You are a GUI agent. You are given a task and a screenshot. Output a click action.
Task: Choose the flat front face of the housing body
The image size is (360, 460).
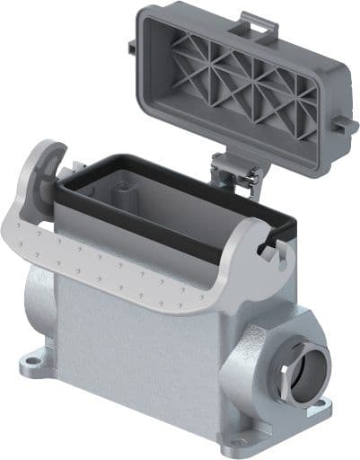pos(144,359)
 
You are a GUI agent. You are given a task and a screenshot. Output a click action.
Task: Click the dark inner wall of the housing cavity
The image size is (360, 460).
pos(180,193)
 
